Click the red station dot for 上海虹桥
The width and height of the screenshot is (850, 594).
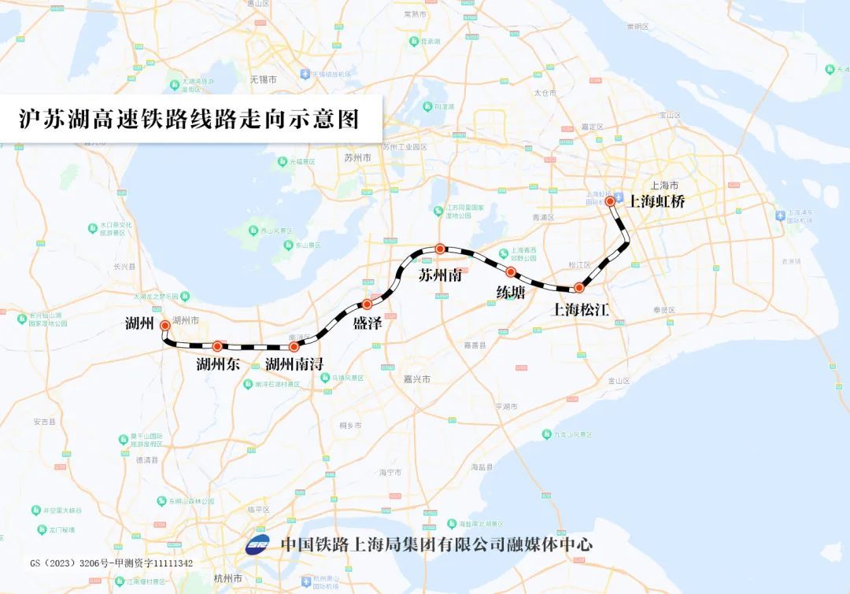point(610,201)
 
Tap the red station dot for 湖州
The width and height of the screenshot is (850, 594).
point(164,325)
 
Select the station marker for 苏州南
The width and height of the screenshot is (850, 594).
point(441,249)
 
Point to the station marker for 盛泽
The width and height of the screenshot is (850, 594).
point(367,304)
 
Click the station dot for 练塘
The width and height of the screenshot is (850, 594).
point(511,272)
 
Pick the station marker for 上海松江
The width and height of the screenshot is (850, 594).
point(578,288)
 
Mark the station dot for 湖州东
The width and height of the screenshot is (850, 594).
point(217,345)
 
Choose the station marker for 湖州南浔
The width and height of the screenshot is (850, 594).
point(294,346)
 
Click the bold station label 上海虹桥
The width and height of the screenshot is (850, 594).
point(656,201)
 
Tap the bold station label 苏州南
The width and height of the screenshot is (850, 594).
point(439,276)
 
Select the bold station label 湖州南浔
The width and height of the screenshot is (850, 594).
point(294,364)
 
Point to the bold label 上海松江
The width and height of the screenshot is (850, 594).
point(581,309)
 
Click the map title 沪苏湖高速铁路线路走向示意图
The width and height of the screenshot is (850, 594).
point(189,119)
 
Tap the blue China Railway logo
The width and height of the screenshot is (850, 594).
point(257,544)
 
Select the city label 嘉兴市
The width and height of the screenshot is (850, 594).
point(417,379)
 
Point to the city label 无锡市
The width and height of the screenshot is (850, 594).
point(264,79)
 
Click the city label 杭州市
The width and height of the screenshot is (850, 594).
point(227,578)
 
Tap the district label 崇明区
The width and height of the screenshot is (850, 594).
point(637,26)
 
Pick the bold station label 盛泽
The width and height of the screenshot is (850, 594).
point(368,323)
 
